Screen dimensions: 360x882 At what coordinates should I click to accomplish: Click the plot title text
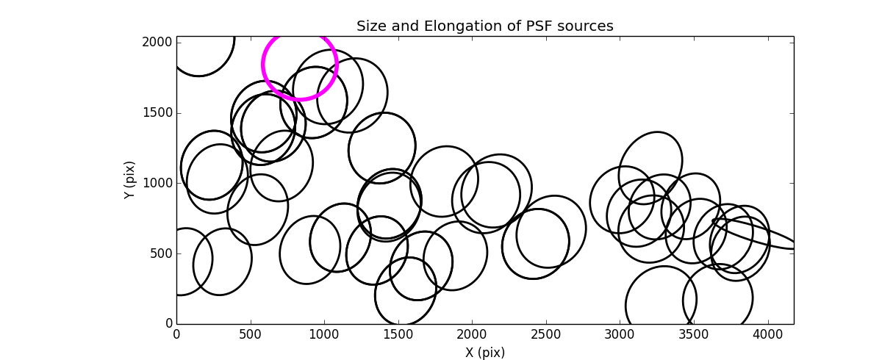point(484,26)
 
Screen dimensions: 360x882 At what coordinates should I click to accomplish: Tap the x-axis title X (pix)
point(484,353)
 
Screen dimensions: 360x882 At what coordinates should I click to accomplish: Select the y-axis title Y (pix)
point(129,180)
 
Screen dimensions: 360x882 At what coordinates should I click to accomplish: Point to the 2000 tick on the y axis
point(158,43)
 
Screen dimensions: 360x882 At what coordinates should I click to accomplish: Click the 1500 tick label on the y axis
point(158,113)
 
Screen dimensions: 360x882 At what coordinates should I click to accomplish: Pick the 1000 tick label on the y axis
point(158,184)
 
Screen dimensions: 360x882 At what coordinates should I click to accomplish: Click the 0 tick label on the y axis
point(168,324)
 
